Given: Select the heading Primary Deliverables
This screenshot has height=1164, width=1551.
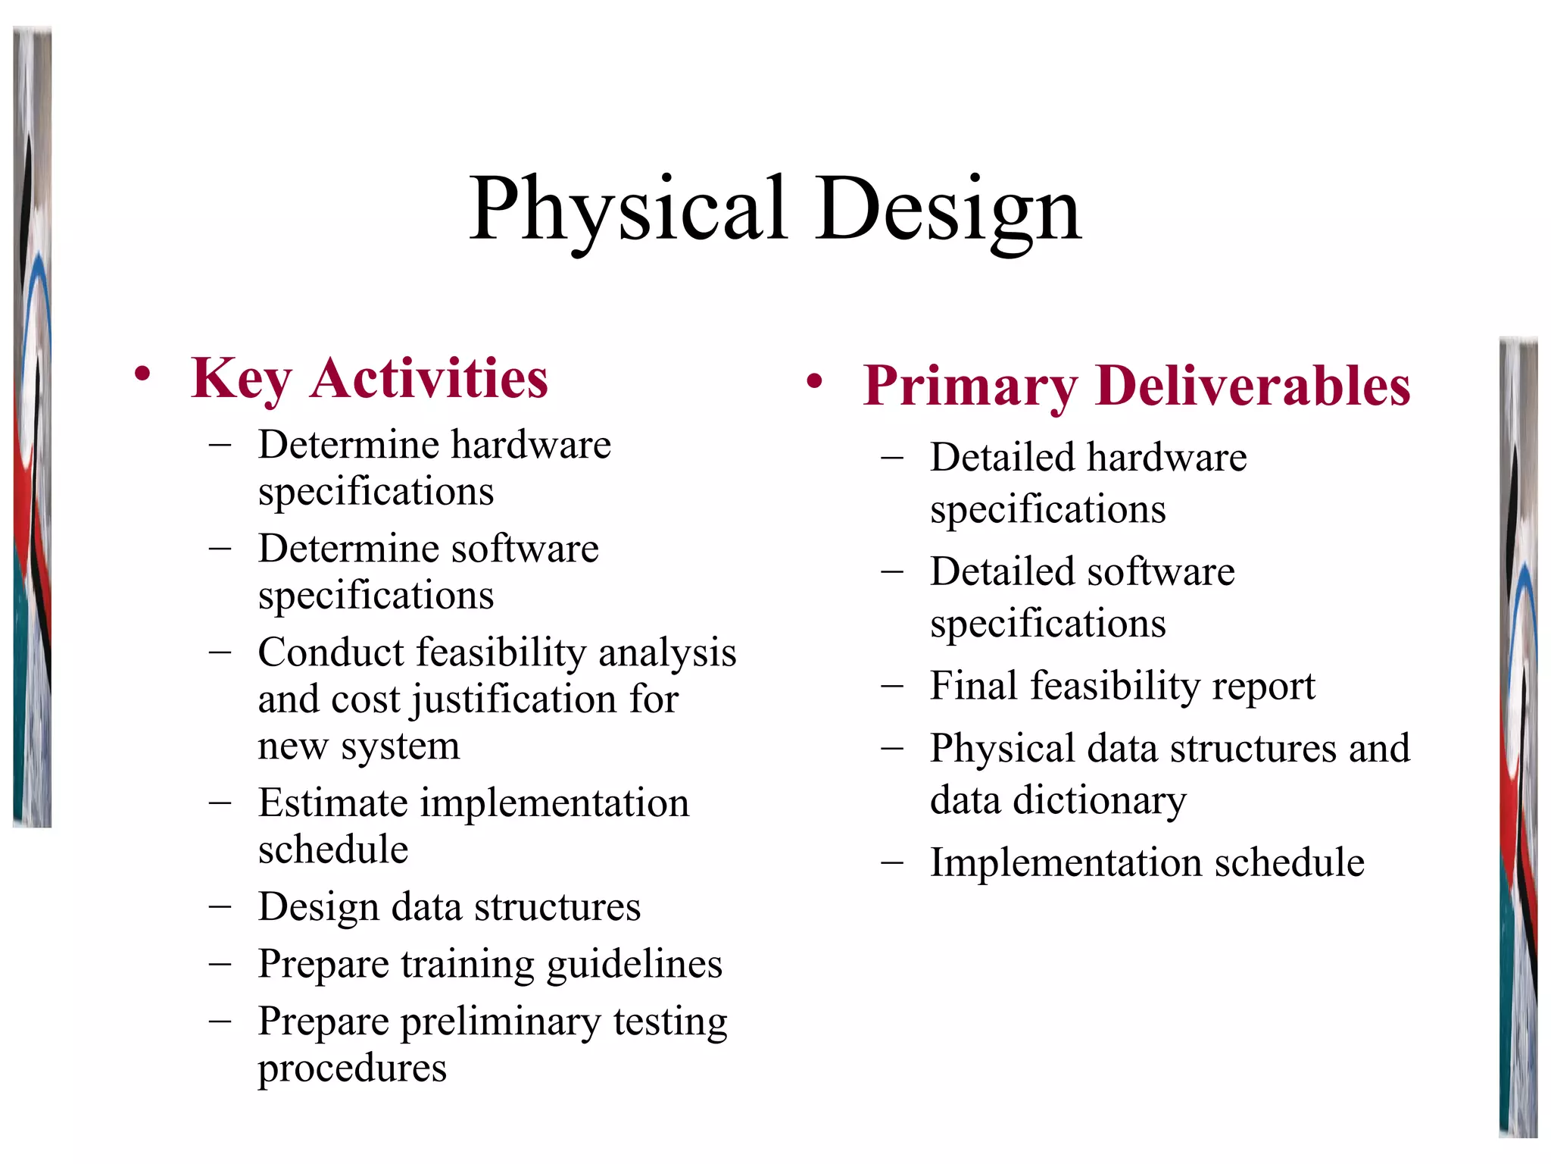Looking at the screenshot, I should tap(1136, 385).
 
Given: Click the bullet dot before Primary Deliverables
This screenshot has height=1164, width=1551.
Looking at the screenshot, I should tap(814, 381).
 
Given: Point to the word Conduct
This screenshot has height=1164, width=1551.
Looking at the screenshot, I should tap(331, 652).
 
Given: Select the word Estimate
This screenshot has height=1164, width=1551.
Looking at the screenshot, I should tap(332, 803).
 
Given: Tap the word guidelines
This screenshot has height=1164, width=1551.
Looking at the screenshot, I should tap(634, 964).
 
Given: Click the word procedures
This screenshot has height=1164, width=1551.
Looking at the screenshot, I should tap(352, 1069).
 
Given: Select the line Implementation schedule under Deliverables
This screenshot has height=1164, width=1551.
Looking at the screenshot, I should tap(1147, 862).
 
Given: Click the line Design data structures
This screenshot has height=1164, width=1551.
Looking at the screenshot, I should tap(449, 906).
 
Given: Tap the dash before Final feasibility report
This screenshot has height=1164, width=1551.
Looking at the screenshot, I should tap(893, 685).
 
